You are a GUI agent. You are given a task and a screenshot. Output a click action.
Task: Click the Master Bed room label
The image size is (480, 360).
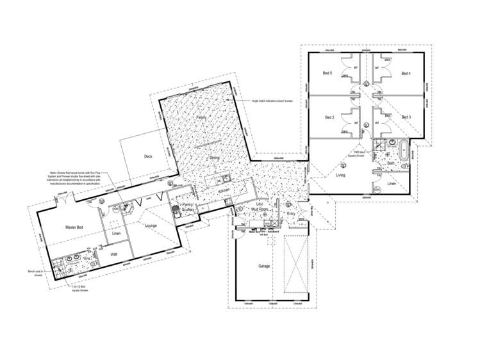(x=76, y=227)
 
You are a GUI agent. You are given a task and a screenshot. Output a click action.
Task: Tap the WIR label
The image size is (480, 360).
(x=114, y=255)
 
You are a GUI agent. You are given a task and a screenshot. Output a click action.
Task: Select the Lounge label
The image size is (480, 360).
(x=151, y=225)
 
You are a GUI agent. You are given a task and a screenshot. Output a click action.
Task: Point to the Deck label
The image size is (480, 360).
(x=148, y=157)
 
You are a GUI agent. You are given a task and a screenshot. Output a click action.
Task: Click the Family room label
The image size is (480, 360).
(x=201, y=119)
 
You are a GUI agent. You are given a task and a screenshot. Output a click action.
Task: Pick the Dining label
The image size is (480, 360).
(x=215, y=157)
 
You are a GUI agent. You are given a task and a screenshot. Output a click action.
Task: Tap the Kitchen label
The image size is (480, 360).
(x=223, y=191)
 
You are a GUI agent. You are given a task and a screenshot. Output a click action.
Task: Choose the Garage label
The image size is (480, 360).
(x=263, y=265)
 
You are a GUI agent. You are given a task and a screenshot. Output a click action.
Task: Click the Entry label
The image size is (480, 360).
(x=292, y=213)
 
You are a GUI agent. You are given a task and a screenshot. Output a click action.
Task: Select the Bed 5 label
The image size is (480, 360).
(x=327, y=74)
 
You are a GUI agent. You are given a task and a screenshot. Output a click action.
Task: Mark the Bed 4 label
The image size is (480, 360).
(x=406, y=74)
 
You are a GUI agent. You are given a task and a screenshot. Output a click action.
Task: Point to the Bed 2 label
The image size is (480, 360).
(x=329, y=118)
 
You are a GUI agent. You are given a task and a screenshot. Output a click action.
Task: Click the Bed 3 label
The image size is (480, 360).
(x=406, y=118)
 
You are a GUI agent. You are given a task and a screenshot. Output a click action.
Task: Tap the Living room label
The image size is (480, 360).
(x=340, y=174)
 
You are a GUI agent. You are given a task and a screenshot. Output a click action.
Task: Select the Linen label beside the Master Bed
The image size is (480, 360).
(x=116, y=233)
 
